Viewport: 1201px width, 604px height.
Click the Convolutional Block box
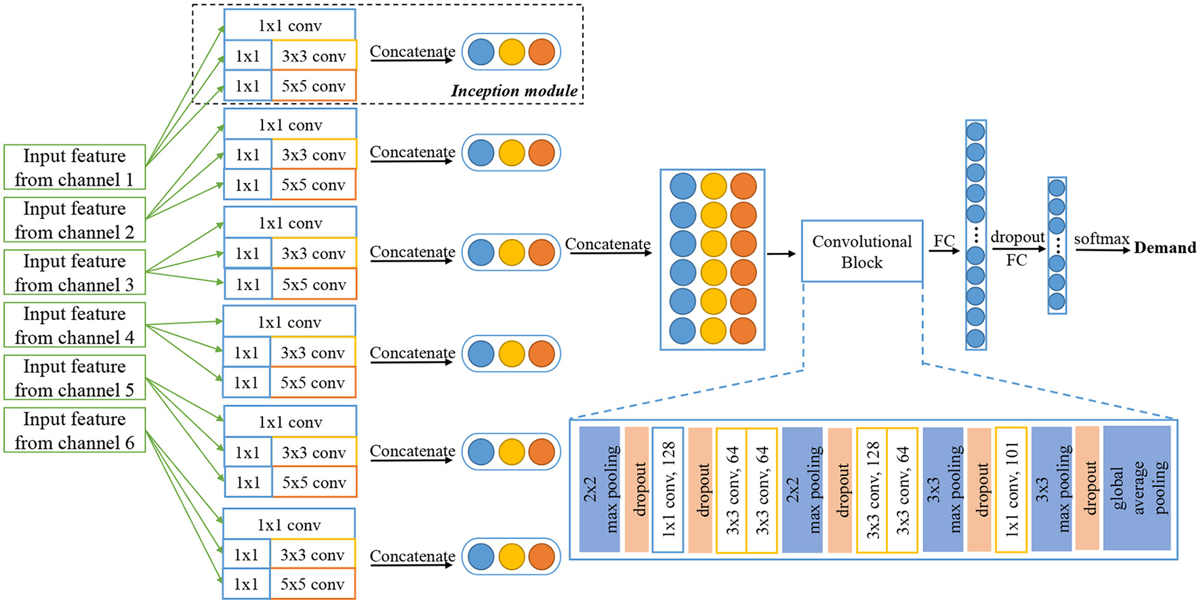(861, 251)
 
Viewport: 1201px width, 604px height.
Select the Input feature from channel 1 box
(75, 167)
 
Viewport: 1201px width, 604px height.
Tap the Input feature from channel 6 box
(75, 430)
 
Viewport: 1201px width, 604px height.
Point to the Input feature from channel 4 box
(75, 325)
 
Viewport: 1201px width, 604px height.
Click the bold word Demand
(1164, 248)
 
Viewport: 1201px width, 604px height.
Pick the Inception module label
(514, 91)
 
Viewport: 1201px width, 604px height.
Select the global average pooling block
(1137, 489)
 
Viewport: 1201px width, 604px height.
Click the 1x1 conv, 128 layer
(668, 489)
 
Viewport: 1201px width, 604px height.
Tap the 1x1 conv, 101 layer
(1011, 489)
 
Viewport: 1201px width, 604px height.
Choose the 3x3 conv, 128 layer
(872, 489)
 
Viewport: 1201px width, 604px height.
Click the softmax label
(1101, 239)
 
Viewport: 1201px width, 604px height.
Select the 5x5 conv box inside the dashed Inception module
(314, 86)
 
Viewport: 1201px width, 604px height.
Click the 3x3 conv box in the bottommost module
(312, 555)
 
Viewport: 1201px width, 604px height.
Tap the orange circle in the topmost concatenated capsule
(542, 52)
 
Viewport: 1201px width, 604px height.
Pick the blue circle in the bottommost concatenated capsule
(481, 557)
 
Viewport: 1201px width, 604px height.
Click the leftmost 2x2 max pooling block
(600, 489)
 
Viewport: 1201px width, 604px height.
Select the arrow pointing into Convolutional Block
(781, 254)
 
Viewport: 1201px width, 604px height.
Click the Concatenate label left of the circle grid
(607, 244)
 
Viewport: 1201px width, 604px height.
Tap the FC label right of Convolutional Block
(943, 241)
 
